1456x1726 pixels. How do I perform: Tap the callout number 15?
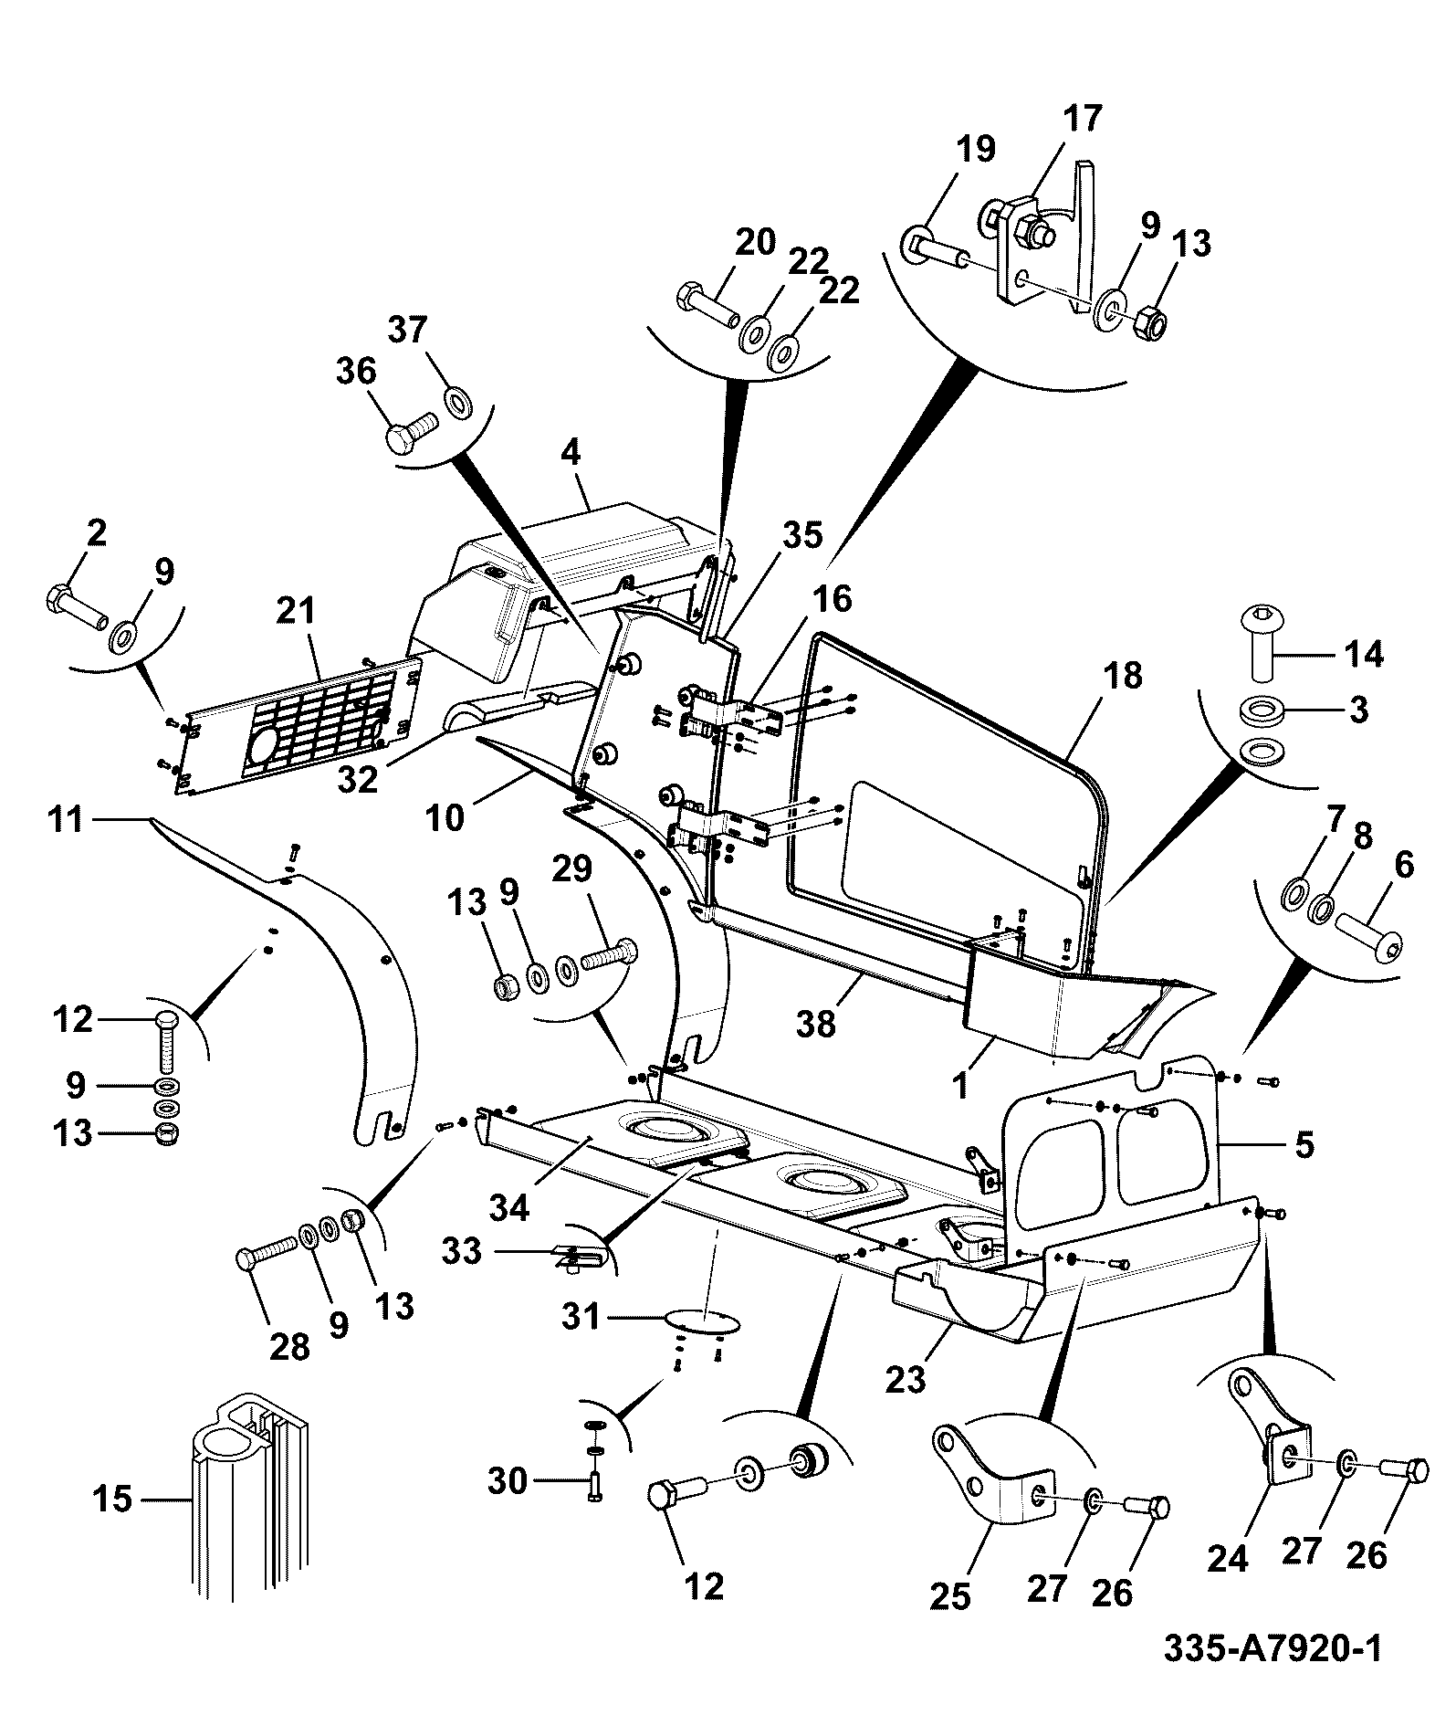point(112,1500)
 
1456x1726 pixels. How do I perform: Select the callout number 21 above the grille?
point(294,611)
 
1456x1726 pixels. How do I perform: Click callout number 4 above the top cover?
point(571,454)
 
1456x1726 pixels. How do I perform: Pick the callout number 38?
point(815,1024)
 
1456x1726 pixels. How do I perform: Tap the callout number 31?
point(580,1317)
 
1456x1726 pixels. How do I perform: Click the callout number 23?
point(906,1378)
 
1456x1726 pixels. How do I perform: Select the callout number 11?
point(66,820)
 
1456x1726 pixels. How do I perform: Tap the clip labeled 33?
point(575,1258)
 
